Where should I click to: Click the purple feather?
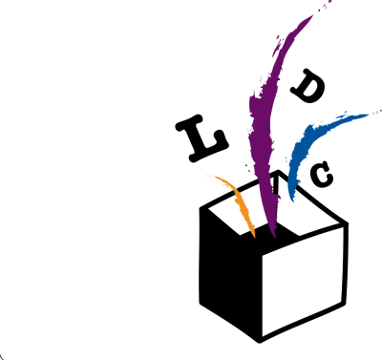[265, 124]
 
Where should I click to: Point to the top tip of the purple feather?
[312, 15]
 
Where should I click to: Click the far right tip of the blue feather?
[380, 111]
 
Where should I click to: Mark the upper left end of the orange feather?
[207, 176]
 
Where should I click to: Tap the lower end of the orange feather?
[254, 236]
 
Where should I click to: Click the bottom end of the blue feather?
[291, 201]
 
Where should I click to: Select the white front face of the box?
[302, 279]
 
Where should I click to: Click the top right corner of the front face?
[344, 227]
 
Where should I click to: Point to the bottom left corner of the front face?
[263, 336]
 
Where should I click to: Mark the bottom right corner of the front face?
[341, 302]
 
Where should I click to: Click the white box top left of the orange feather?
[229, 212]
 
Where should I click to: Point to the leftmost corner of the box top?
[209, 208]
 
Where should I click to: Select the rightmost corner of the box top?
[340, 224]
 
